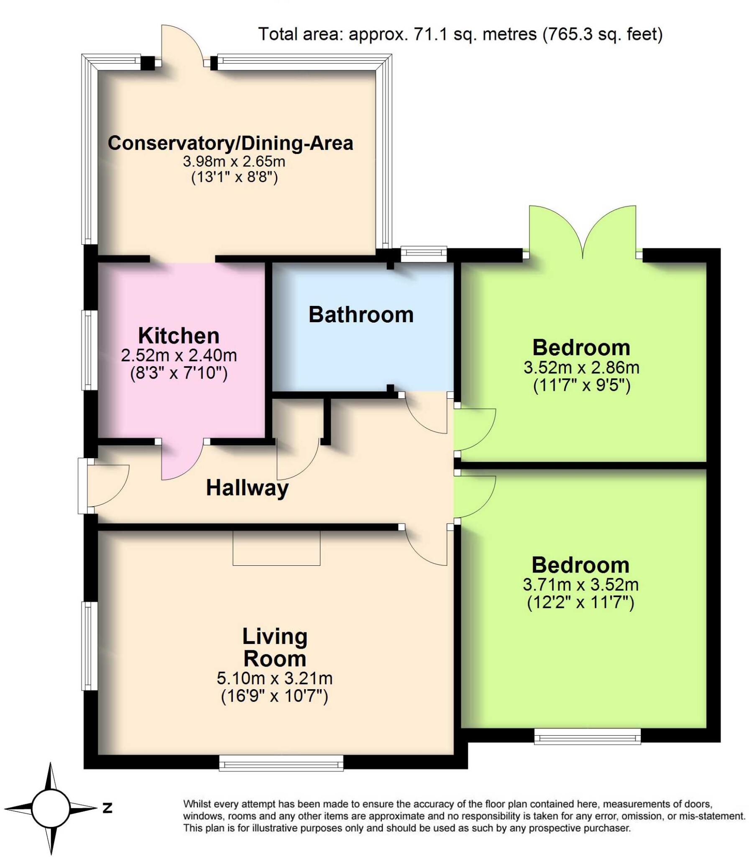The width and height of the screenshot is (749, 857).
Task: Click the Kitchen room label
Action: [x=179, y=336]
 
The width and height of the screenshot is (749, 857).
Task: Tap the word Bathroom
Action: [x=361, y=315]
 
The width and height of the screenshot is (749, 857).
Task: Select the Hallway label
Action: [x=247, y=488]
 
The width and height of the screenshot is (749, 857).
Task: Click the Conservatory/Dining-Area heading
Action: [x=230, y=143]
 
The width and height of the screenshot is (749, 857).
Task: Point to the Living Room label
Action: [x=275, y=647]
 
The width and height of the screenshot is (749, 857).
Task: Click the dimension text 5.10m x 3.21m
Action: [x=274, y=678]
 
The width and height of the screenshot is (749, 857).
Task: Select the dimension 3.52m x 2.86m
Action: [x=581, y=368]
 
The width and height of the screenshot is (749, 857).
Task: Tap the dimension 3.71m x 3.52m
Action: [x=580, y=585]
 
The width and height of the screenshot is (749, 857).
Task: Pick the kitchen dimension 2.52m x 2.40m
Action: [x=179, y=356]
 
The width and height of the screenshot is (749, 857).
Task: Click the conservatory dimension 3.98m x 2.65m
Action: [x=234, y=161]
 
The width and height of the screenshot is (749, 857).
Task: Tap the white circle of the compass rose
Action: [x=51, y=808]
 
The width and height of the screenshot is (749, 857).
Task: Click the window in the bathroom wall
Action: [x=424, y=254]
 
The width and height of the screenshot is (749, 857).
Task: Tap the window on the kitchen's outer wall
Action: [x=89, y=350]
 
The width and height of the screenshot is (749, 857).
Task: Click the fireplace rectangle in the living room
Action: [x=276, y=548]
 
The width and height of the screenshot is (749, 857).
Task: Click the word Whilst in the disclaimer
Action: [x=197, y=804]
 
